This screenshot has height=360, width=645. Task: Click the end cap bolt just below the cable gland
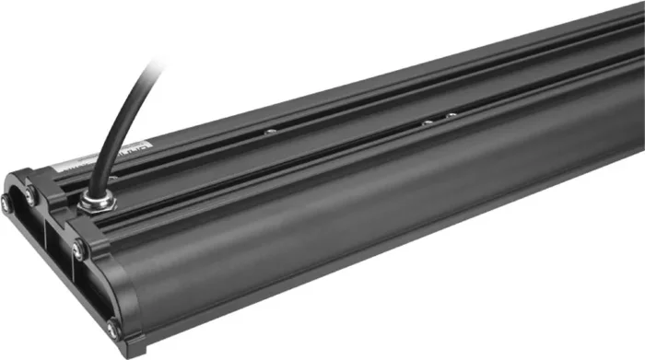tap(79, 247)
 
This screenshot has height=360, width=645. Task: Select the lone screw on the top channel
tap(268, 132)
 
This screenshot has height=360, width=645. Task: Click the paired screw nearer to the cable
tap(427, 121)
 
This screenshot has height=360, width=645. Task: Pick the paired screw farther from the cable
tap(451, 115)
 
